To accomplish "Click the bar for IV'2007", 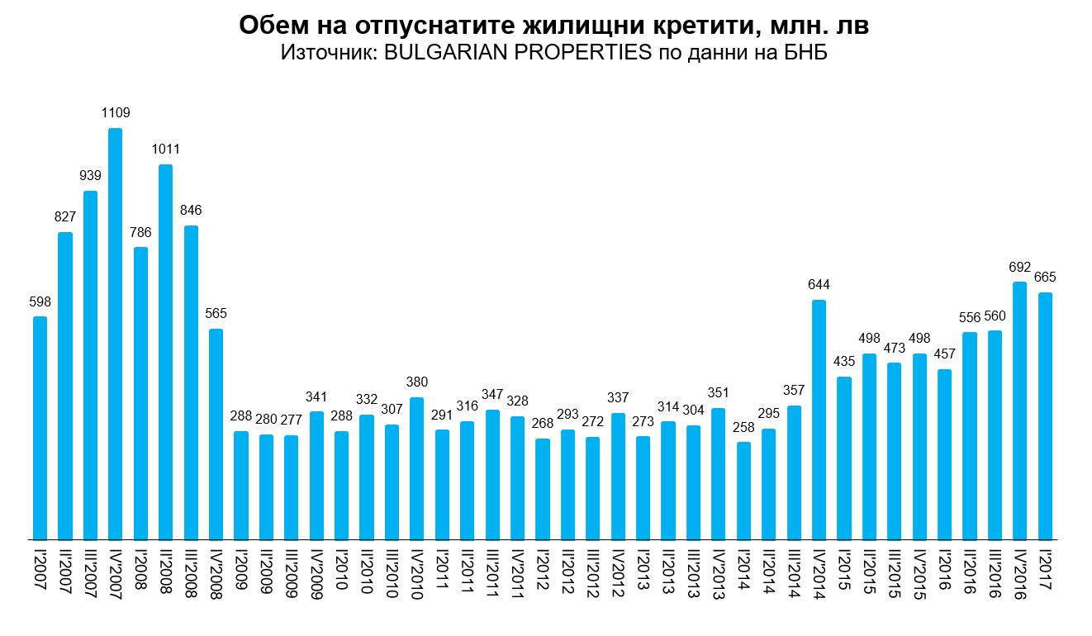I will [x=116, y=334].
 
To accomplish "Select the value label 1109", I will [x=116, y=113].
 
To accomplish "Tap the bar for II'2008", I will [x=165, y=352].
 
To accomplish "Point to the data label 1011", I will [x=165, y=150].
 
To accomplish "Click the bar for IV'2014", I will [x=819, y=420].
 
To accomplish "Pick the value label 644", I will [x=819, y=285].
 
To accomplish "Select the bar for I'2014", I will [x=743, y=491].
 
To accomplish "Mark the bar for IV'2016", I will [x=1020, y=411].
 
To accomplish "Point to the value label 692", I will [x=1020, y=267].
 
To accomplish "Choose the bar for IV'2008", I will [x=216, y=434].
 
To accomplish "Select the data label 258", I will [x=743, y=427].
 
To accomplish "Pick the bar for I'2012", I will [x=543, y=489].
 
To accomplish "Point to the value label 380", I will [x=417, y=382].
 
